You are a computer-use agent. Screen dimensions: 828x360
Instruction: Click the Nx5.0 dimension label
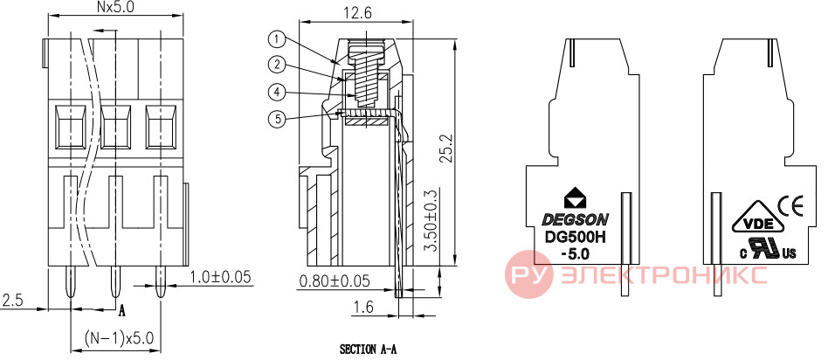(115, 7)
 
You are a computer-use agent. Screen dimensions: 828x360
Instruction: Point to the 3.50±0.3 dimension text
(432, 219)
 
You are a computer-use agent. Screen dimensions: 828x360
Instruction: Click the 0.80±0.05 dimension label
(335, 280)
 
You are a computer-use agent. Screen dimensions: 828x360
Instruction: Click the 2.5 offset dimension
(13, 301)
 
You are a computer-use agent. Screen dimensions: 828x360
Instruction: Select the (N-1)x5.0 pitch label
(119, 336)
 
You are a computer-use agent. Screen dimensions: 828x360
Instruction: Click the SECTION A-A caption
(368, 350)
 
